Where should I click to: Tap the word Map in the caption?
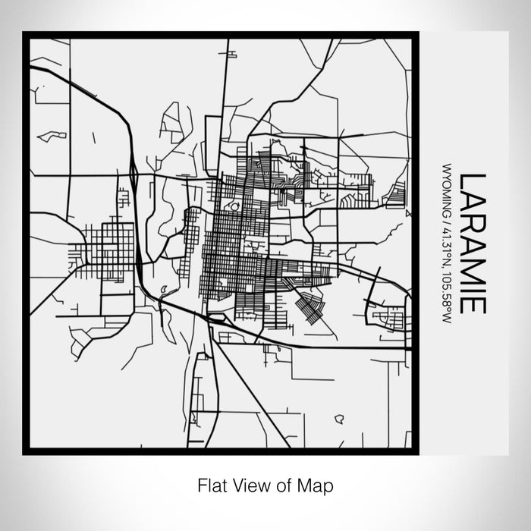(318, 484)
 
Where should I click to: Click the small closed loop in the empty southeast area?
(339, 418)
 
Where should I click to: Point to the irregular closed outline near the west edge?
(52, 137)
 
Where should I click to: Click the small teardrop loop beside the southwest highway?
(162, 287)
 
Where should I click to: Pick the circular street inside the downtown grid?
(234, 206)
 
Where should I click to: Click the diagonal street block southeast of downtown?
(309, 305)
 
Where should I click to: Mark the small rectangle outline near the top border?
(227, 54)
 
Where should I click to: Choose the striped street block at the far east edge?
(395, 195)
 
